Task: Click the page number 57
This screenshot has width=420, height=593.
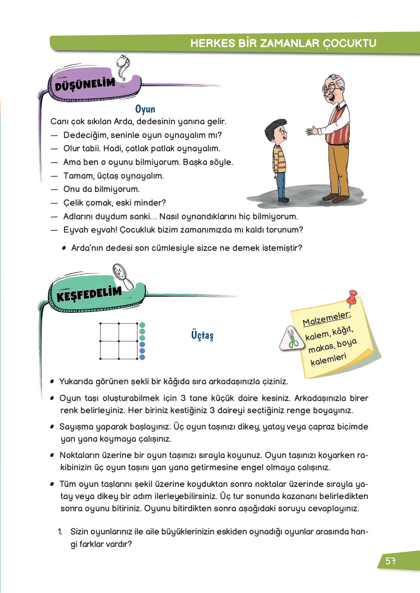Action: pos(391,561)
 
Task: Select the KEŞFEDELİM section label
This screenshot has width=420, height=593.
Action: pos(89,294)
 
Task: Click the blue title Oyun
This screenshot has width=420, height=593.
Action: pos(145,109)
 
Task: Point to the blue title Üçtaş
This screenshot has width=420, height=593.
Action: pos(202,335)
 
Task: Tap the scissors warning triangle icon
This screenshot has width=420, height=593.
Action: pos(292,339)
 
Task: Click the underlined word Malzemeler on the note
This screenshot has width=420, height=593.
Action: pos(327,319)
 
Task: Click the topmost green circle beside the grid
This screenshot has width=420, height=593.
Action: pos(142,325)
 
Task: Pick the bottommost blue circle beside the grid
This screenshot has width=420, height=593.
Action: pos(142,357)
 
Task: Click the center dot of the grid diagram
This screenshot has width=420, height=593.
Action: pos(119,341)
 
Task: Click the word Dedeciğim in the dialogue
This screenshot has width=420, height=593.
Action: pos(85,135)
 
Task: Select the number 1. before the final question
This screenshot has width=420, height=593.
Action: pos(60,531)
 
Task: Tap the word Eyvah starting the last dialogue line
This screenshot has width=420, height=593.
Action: pos(74,230)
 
